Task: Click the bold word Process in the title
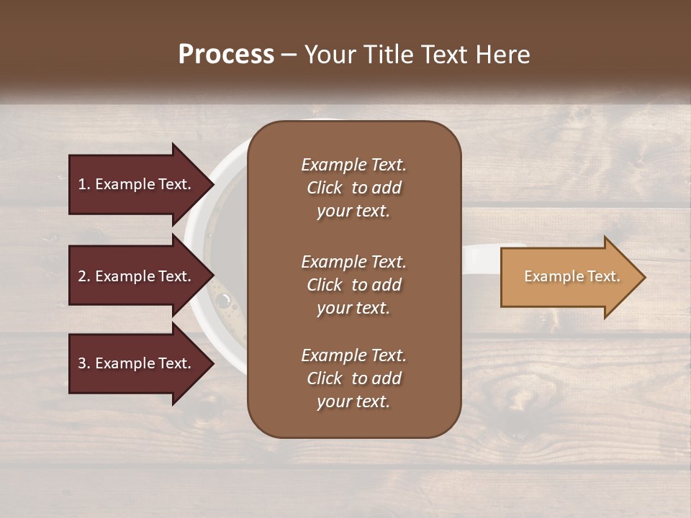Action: click(226, 55)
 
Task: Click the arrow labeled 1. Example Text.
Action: click(137, 184)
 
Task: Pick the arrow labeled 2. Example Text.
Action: click(137, 276)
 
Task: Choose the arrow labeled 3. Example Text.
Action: click(137, 363)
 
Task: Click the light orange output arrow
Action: click(569, 277)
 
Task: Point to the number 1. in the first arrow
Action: click(84, 184)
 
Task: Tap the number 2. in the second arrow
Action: click(84, 276)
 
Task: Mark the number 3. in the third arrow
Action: click(84, 363)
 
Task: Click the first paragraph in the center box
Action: click(353, 188)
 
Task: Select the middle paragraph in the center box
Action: click(353, 285)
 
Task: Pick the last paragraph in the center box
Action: click(353, 378)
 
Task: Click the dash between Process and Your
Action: click(289, 55)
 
